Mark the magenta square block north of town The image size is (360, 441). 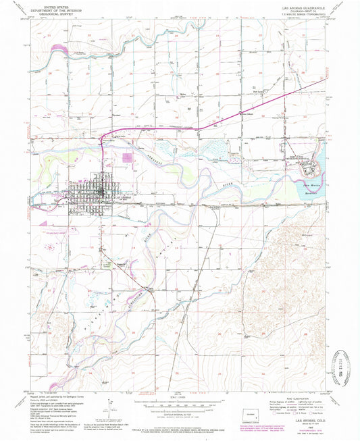click(127, 157)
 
